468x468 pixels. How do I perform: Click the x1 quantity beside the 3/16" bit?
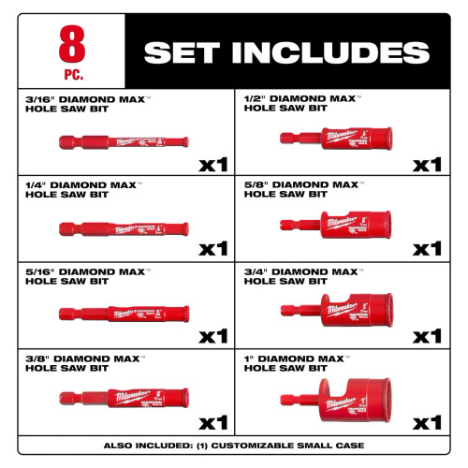tap(212, 165)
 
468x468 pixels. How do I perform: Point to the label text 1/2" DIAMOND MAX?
tap(299, 98)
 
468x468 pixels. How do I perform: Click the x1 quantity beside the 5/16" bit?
tap(212, 335)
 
